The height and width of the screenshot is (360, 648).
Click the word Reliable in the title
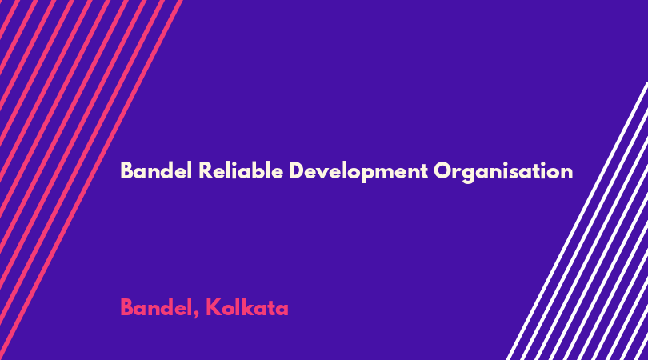pos(241,170)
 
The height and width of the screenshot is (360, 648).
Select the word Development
pos(358,172)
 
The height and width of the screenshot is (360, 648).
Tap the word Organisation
pos(503,172)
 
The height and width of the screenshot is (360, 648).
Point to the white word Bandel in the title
pos(156,170)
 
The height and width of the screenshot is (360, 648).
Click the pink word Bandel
pos(156,307)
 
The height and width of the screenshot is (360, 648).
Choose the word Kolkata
pos(246,307)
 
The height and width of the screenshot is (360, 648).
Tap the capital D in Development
pos(296,170)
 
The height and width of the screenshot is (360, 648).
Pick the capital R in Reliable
pos(206,170)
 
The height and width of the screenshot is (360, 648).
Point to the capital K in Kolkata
pos(214,308)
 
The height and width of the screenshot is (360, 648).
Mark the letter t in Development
pos(423,171)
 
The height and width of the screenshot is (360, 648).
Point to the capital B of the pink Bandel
pos(127,308)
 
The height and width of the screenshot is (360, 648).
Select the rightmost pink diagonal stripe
pos(91,180)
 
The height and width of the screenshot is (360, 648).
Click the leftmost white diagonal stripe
pos(577,221)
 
